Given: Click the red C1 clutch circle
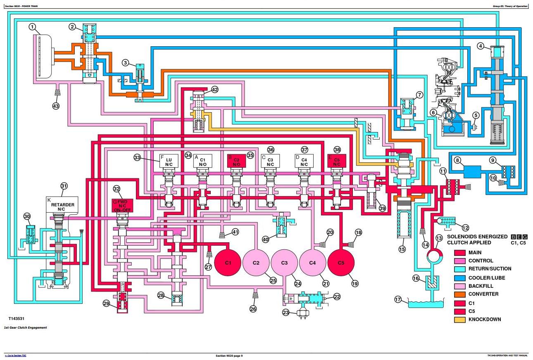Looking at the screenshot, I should pyautogui.click(x=228, y=263).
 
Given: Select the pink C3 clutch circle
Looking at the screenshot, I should pyautogui.click(x=284, y=263).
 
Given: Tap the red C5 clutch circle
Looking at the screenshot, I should pyautogui.click(x=341, y=263).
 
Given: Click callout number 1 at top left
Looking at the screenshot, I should pyautogui.click(x=33, y=28).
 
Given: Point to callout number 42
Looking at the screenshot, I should pyautogui.click(x=214, y=90).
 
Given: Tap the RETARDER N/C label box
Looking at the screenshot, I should pyautogui.click(x=62, y=204).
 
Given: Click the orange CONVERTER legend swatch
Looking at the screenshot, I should pyautogui.click(x=460, y=294).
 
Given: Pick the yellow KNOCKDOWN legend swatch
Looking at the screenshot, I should pyautogui.click(x=460, y=320).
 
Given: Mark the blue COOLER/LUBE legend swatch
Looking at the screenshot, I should pyautogui.click(x=460, y=278).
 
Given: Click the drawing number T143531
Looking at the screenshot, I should pyautogui.click(x=18, y=319).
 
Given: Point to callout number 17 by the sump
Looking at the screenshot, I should pyautogui.click(x=398, y=300).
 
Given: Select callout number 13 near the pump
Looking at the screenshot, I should pyautogui.click(x=439, y=238).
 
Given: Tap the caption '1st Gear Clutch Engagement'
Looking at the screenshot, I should pyautogui.click(x=25, y=327).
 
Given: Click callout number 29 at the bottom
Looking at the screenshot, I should pyautogui.click(x=106, y=303).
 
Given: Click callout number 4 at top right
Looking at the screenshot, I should pyautogui.click(x=480, y=46).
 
